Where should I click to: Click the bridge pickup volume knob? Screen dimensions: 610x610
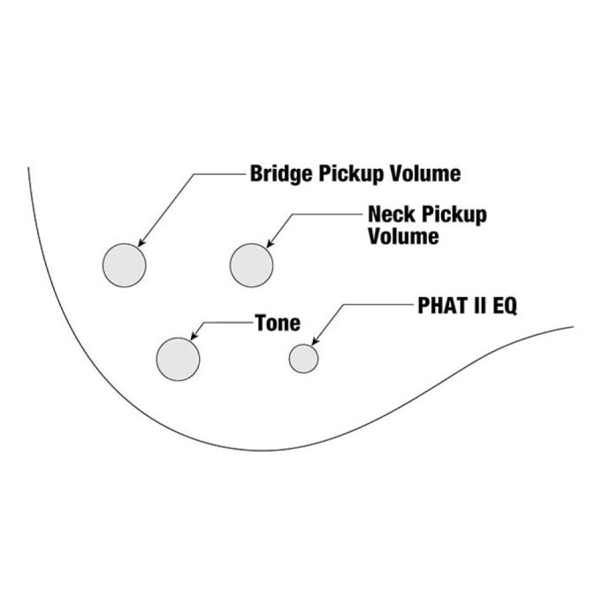coord(124,265)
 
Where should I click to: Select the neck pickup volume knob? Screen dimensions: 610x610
coord(251,265)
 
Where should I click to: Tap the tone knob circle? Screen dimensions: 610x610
coord(179,359)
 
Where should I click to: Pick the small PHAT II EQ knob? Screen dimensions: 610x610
coord(303,359)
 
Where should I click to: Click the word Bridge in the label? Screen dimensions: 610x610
coord(281,174)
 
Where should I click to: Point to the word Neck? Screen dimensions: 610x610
coord(393,214)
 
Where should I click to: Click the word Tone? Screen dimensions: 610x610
coord(278,323)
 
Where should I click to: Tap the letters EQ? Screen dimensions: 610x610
coord(505,306)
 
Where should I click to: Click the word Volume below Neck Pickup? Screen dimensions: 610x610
coord(403,236)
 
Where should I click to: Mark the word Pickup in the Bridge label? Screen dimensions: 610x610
coord(351,174)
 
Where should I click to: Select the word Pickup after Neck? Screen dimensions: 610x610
coord(454,215)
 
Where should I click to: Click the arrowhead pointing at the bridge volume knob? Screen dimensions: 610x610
coord(141,242)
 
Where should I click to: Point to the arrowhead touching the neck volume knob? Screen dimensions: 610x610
coord(270,243)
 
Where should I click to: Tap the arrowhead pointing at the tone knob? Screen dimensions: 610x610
coord(194,336)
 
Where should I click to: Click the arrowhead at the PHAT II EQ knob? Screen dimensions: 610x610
coord(315,340)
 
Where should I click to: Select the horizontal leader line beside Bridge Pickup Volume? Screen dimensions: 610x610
coord(220,174)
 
